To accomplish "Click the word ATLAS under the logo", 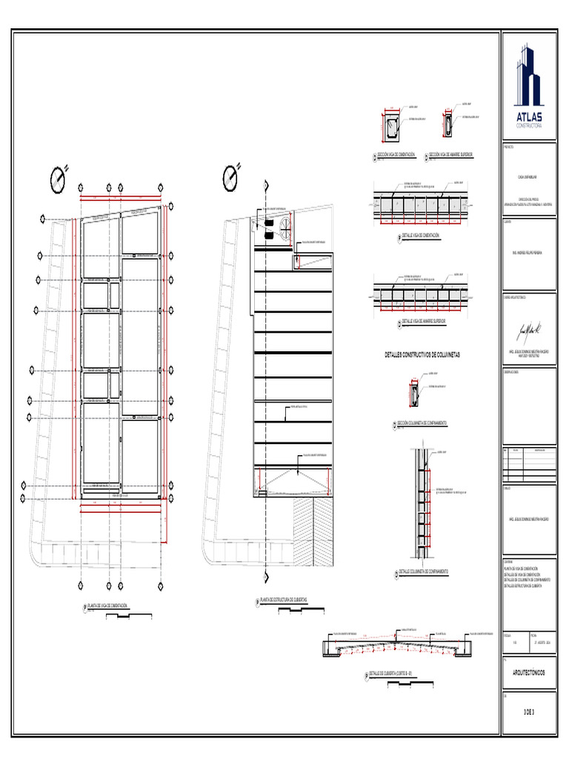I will (x=529, y=117).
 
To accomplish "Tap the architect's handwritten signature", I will (x=529, y=327).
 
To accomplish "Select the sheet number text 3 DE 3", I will (x=528, y=712).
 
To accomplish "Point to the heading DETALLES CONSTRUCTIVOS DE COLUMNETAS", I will (x=422, y=355).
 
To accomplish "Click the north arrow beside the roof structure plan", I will (x=232, y=176).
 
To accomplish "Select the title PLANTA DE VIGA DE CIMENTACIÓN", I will (x=107, y=606).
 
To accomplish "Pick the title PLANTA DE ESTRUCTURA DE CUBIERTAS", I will (x=282, y=599).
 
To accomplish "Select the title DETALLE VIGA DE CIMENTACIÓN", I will (x=421, y=235).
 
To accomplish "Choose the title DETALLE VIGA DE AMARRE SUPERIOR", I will (x=424, y=321).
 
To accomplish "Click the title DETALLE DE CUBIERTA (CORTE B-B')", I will (x=393, y=673).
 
